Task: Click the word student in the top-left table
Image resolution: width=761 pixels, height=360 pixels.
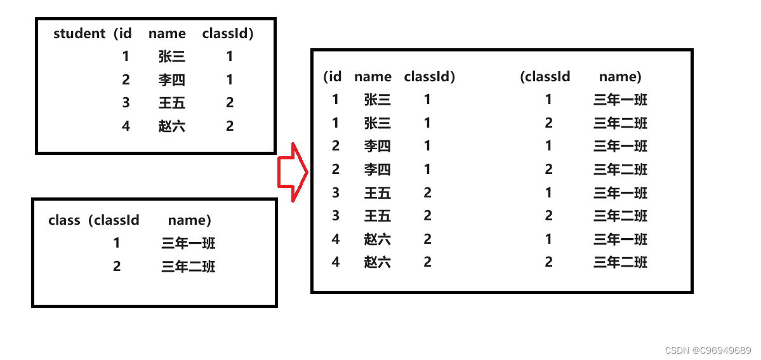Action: click(79, 34)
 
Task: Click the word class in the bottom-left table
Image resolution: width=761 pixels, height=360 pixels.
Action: click(64, 220)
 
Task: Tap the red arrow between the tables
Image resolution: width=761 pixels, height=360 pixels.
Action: click(293, 172)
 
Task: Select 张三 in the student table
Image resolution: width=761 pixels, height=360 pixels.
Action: click(171, 57)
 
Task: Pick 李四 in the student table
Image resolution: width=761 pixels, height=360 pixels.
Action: click(171, 80)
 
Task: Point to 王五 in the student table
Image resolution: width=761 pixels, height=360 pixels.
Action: click(171, 103)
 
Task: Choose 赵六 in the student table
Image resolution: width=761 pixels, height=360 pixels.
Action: click(171, 126)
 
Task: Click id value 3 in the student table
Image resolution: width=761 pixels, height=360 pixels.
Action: click(126, 103)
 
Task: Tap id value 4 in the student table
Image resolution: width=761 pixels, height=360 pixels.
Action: click(126, 126)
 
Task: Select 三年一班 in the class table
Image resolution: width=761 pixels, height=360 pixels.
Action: click(189, 243)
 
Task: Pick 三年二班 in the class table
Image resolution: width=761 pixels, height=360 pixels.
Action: click(189, 267)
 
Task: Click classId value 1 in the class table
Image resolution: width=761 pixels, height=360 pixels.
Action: click(117, 243)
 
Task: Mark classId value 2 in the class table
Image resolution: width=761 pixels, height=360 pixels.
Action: click(117, 267)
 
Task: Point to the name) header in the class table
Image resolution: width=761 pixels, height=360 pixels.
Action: click(189, 220)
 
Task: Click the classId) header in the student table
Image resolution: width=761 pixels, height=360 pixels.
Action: click(228, 34)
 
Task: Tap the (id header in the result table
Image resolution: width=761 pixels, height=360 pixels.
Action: click(333, 77)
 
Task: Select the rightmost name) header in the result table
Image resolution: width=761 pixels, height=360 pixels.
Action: click(620, 77)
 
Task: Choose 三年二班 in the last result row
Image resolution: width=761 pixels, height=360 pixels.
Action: click(620, 262)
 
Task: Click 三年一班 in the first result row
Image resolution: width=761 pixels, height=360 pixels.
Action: click(620, 100)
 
